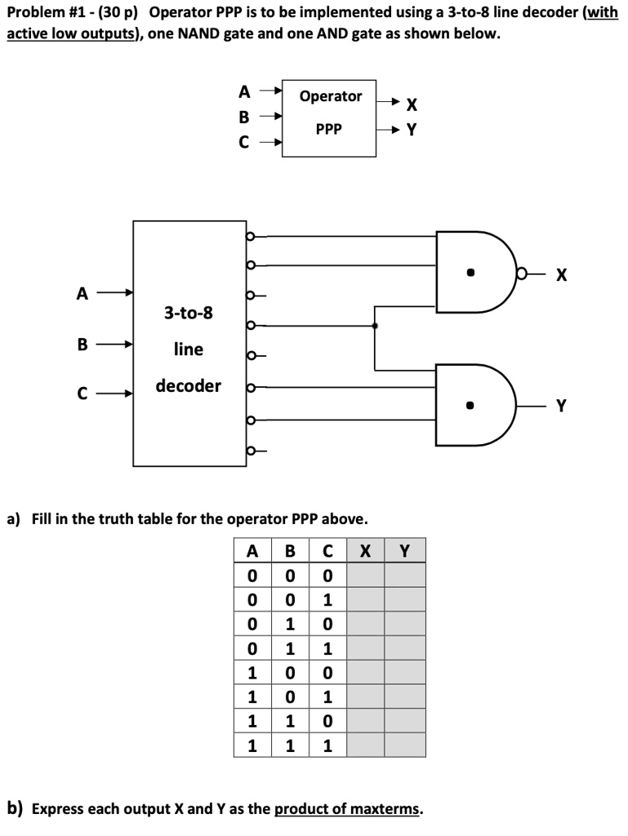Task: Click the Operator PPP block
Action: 330,117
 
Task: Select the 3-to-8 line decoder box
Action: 189,343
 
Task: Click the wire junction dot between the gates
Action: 375,325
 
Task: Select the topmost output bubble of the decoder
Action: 251,237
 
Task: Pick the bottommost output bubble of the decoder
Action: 251,450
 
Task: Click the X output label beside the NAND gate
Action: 561,275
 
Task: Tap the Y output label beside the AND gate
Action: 561,406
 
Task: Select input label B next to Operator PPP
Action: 243,117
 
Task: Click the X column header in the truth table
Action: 366,551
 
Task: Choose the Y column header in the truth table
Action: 405,551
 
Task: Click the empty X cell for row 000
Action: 366,576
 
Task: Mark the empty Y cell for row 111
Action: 405,745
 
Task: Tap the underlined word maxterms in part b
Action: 387,809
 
